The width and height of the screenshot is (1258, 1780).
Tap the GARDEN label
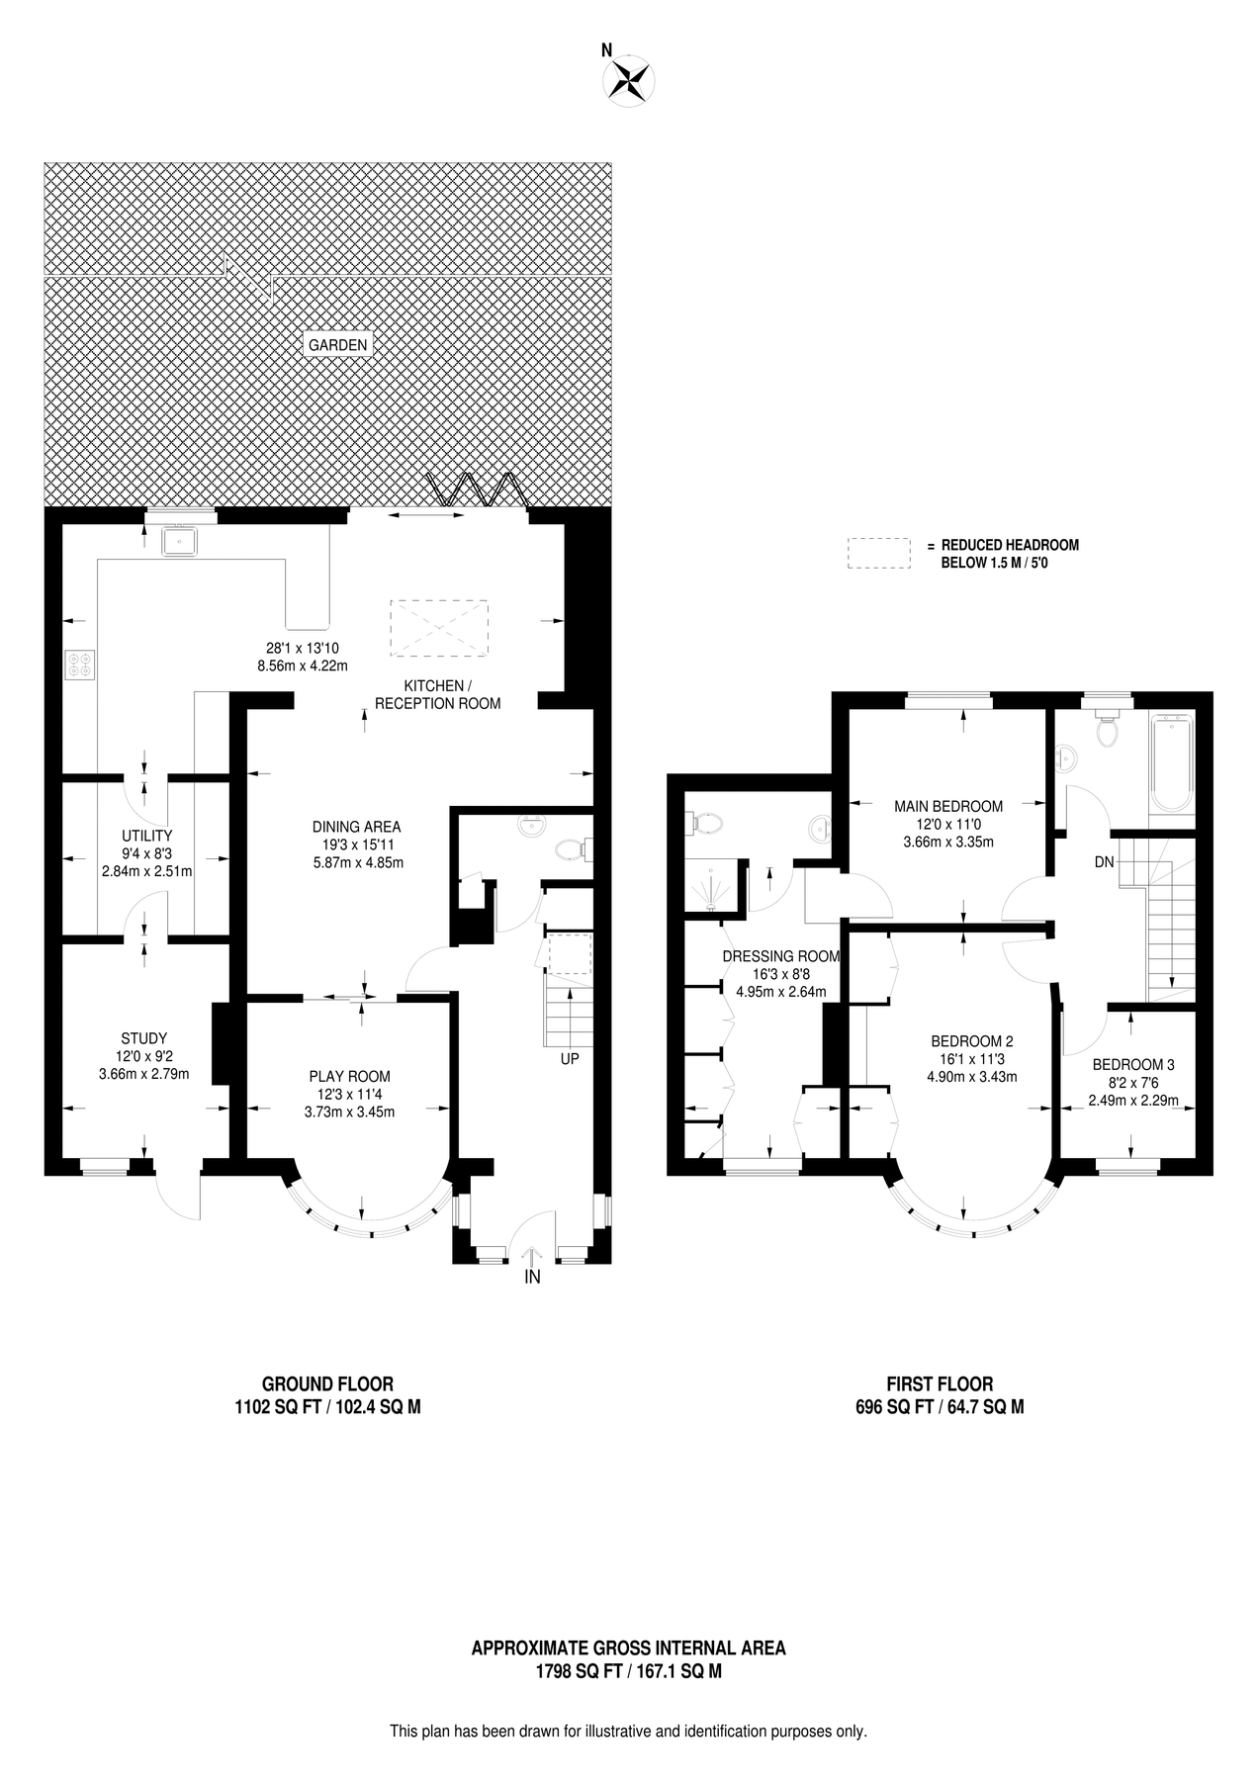[338, 345]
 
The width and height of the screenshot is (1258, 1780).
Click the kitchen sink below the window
[181, 540]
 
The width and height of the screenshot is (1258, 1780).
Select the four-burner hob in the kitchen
[80, 664]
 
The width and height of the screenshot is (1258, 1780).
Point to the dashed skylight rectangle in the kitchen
[439, 627]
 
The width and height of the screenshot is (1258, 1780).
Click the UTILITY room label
[146, 836]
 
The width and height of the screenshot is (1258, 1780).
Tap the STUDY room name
[143, 1038]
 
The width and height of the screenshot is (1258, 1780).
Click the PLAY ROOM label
[349, 1076]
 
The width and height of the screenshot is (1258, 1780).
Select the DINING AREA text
[356, 827]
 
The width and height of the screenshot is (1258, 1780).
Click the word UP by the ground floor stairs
[570, 1058]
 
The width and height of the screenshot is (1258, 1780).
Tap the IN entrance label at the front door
[532, 1277]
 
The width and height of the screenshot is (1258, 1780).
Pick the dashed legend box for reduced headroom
[878, 553]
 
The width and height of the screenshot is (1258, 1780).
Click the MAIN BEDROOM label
[947, 806]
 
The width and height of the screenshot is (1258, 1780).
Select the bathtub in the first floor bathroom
[1172, 763]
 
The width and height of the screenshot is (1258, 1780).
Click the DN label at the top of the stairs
[1104, 862]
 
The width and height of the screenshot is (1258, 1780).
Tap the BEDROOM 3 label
[1132, 1065]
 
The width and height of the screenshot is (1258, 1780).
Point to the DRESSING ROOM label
[780, 956]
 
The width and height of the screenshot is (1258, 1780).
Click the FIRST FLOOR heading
[939, 1384]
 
